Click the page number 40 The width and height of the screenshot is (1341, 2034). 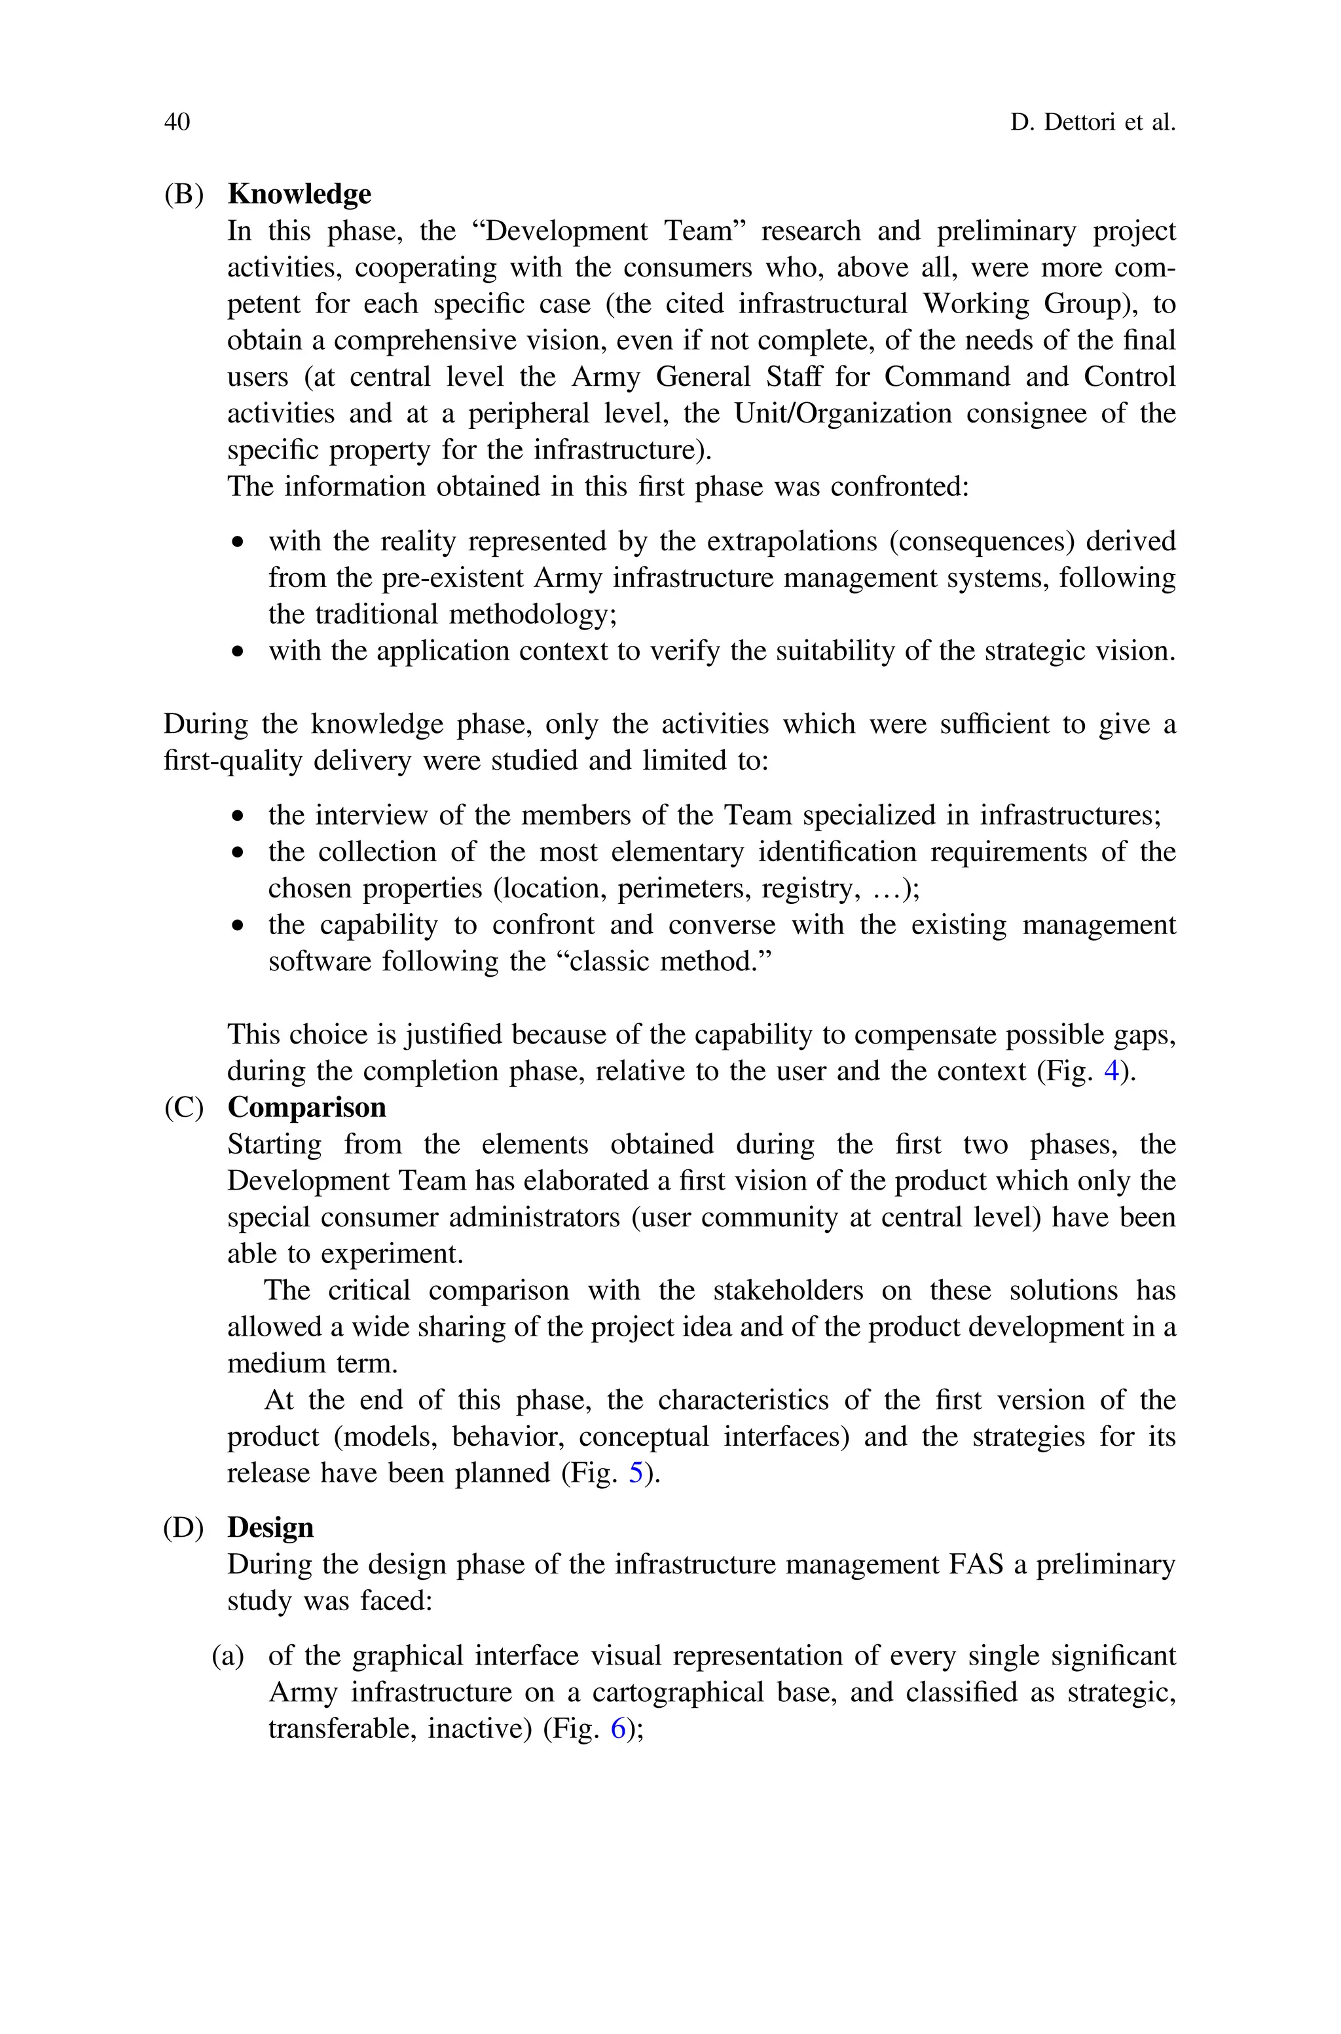(x=177, y=122)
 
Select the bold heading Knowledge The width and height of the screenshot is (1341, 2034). (x=299, y=194)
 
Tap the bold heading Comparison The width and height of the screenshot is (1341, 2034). (x=306, y=1108)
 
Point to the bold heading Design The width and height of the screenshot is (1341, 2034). (x=270, y=1528)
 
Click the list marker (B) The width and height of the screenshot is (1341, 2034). (x=184, y=194)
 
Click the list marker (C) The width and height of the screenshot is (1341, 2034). (x=184, y=1108)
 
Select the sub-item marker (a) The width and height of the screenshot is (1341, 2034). (x=227, y=1656)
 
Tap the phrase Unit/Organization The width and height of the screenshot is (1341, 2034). (x=843, y=413)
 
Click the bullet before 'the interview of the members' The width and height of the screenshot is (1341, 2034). (x=238, y=817)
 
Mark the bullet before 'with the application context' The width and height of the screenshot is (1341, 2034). (x=238, y=652)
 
